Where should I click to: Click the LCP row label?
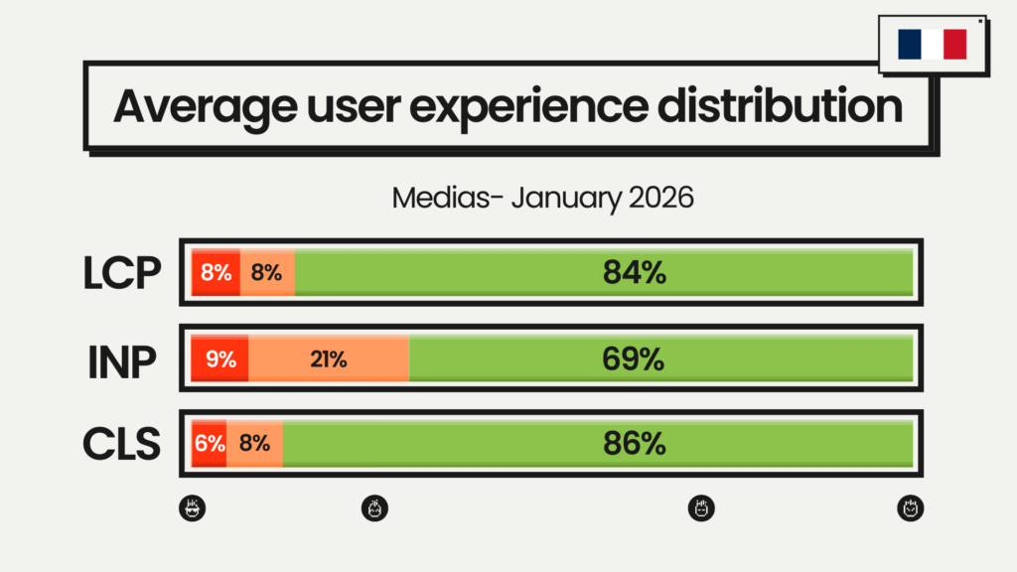tap(121, 273)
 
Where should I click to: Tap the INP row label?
tap(121, 358)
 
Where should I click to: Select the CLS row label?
tap(121, 444)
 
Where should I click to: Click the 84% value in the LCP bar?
tap(634, 273)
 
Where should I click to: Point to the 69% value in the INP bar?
tap(633, 358)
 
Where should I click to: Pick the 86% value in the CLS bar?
tap(634, 444)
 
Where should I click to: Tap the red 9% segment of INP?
tap(219, 358)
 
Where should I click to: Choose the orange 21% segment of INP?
tap(328, 358)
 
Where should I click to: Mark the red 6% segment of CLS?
tap(210, 444)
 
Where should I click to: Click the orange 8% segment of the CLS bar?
tap(254, 444)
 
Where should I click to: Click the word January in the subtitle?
tap(568, 197)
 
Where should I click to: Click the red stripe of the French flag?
tap(955, 44)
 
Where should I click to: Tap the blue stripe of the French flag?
tap(910, 44)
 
